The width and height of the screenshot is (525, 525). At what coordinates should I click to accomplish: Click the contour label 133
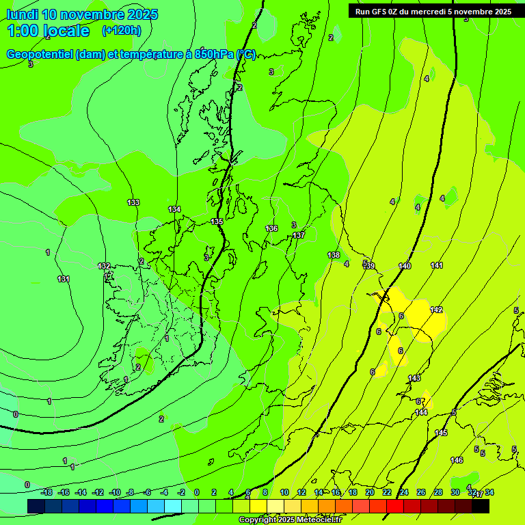point(133,202)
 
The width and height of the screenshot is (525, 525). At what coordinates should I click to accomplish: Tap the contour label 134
point(174,209)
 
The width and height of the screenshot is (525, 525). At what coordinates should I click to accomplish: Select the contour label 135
point(217,222)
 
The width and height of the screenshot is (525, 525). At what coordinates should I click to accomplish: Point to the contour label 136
point(271,228)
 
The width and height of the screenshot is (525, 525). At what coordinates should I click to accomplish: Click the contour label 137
point(299,235)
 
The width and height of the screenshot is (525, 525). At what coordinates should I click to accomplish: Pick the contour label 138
point(334,255)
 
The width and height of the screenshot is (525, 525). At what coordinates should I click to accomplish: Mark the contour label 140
point(405,266)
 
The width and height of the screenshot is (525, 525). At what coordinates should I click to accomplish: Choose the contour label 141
point(437,265)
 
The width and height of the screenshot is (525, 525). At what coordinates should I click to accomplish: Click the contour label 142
point(436,310)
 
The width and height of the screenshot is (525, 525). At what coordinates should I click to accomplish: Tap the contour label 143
point(414,378)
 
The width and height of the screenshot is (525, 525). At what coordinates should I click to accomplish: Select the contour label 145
point(441,433)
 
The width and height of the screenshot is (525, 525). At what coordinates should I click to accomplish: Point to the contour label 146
point(457,460)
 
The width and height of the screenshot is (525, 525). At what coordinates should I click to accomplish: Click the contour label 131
point(64,279)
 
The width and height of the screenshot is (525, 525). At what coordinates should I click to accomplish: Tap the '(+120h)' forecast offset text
point(122,30)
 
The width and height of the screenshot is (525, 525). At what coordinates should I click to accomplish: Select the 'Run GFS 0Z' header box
point(433,12)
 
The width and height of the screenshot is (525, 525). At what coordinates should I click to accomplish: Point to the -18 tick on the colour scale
point(46,492)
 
